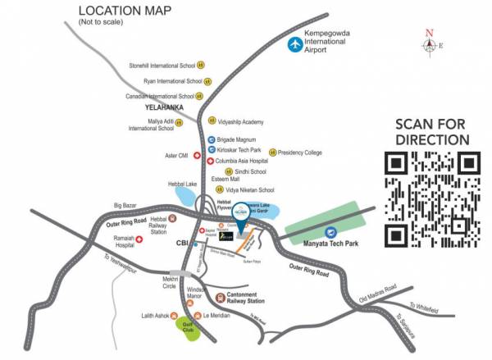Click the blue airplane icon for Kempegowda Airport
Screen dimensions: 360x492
(x=294, y=44)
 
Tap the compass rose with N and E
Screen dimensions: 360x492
(x=429, y=43)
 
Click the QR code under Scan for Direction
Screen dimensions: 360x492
(x=432, y=199)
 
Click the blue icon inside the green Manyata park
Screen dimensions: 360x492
(x=330, y=234)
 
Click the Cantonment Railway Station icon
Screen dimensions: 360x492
(x=219, y=298)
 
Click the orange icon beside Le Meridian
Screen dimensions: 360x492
(x=194, y=315)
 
